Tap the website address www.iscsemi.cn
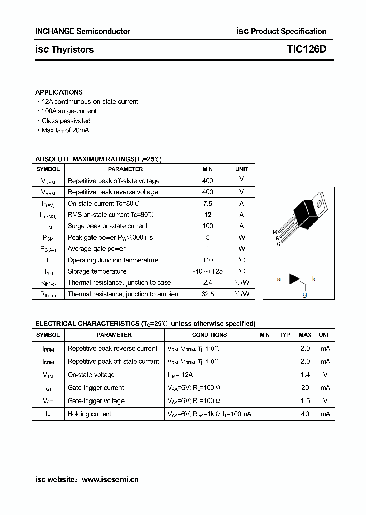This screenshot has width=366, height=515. click(110, 479)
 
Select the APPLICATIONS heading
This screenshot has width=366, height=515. click(58, 92)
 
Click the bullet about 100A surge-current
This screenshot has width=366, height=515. click(69, 111)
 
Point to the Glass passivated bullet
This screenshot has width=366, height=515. click(66, 121)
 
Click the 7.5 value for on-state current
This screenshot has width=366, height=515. click(207, 204)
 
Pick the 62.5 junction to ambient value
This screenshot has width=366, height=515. click(207, 294)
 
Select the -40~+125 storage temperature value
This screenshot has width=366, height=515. click(207, 271)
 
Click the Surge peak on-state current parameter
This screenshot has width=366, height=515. click(107, 226)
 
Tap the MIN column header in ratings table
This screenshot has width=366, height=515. click(207, 169)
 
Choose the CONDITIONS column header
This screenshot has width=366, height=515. click(209, 335)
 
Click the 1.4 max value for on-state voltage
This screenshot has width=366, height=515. click(305, 375)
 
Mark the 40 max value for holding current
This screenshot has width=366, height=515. click(305, 414)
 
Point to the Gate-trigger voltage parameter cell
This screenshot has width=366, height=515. click(96, 401)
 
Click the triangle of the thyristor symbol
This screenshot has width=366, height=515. click(295, 279)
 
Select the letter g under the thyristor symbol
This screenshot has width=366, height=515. click(304, 294)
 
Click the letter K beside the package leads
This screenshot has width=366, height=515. click(275, 232)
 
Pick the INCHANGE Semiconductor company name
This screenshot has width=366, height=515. click(82, 31)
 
